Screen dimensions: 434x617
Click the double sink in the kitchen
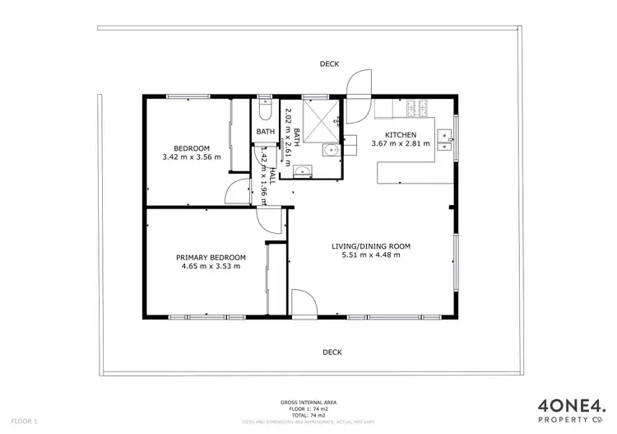pyautogui.click(x=444, y=137)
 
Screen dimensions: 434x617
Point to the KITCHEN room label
pyautogui.click(x=401, y=134)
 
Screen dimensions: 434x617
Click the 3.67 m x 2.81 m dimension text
pyautogui.click(x=401, y=144)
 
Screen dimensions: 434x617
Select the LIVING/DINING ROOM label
pyautogui.click(x=370, y=245)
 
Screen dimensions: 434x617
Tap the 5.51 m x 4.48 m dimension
pyautogui.click(x=370, y=255)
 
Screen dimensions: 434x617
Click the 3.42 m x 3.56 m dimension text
pyautogui.click(x=192, y=157)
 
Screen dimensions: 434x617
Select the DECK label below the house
pyautogui.click(x=332, y=352)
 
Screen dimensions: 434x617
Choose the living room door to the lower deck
pyautogui.click(x=302, y=302)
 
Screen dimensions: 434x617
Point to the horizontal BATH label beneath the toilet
pyautogui.click(x=265, y=132)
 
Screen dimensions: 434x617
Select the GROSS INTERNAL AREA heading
pyautogui.click(x=308, y=403)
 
